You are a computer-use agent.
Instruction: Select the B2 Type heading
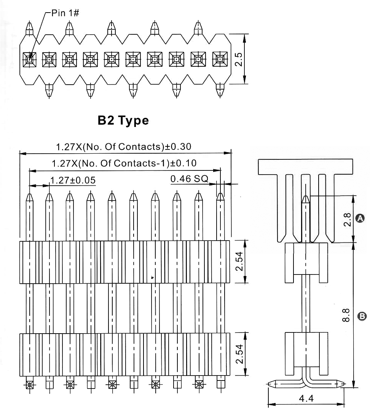123,120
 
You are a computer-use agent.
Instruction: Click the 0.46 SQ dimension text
189,178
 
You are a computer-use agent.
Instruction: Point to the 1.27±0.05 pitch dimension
73,180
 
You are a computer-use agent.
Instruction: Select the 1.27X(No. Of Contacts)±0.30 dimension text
123,146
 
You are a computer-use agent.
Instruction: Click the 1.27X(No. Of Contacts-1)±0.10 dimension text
124,163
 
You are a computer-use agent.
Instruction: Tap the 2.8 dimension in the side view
347,220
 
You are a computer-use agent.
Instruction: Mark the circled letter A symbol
359,218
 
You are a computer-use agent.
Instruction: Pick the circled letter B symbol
362,316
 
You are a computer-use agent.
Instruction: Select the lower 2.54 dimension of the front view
239,354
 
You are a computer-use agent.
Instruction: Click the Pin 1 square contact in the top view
29,59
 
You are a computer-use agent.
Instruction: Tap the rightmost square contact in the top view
220,59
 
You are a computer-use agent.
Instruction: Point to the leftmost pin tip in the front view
29,197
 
